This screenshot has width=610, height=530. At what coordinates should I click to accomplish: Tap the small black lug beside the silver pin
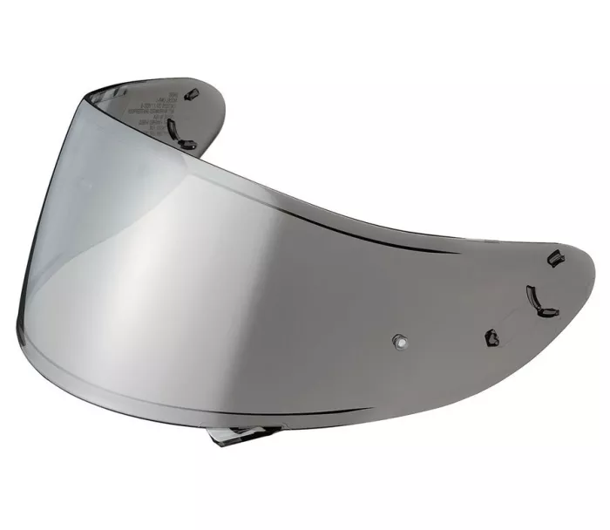point(491,336)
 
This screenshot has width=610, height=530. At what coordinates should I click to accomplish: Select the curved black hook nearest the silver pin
point(536,298)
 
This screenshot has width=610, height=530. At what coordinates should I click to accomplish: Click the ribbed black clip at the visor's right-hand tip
point(552,257)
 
